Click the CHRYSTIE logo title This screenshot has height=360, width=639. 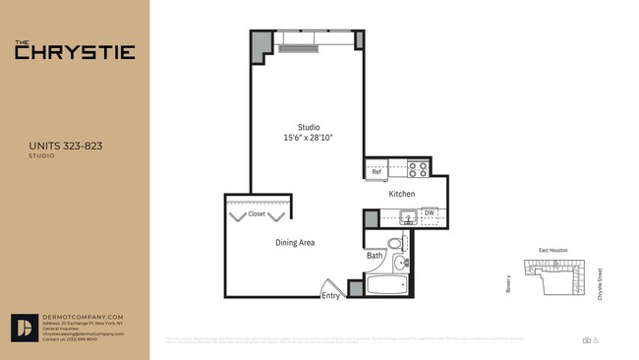tap(75, 52)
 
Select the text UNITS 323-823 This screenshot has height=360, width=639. tap(67, 146)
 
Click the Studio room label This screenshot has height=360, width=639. tap(309, 127)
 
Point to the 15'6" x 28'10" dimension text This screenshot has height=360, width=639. tap(309, 138)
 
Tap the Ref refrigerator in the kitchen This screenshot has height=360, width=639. tap(376, 172)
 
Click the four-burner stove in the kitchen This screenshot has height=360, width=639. tap(418, 167)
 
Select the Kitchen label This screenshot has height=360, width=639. tap(402, 194)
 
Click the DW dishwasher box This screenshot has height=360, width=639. tap(430, 212)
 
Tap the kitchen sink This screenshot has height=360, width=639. tap(406, 217)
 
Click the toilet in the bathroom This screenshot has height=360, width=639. tap(394, 244)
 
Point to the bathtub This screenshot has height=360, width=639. tap(384, 287)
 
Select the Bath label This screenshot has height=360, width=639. tap(375, 257)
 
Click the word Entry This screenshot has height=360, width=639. tap(330, 295)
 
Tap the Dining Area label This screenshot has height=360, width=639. tap(295, 242)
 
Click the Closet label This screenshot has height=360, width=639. tap(257, 213)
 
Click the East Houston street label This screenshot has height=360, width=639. tap(553, 251)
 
